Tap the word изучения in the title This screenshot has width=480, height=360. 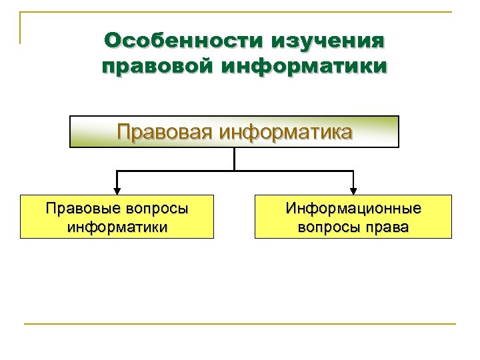click(328, 41)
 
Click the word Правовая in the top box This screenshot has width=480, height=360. click(167, 131)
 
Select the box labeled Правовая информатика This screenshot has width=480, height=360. click(235, 131)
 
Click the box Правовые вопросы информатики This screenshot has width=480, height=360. click(117, 217)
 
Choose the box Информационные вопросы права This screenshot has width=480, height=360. click(353, 217)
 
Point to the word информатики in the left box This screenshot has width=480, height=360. click(117, 227)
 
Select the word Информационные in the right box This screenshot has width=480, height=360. click(353, 208)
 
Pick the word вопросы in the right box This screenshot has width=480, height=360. click(325, 227)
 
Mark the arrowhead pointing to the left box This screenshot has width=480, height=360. click(117, 191)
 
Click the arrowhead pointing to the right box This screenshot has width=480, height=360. click(353, 191)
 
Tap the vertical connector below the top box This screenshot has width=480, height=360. click(235, 159)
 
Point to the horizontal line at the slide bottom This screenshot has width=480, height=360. click(240, 324)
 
